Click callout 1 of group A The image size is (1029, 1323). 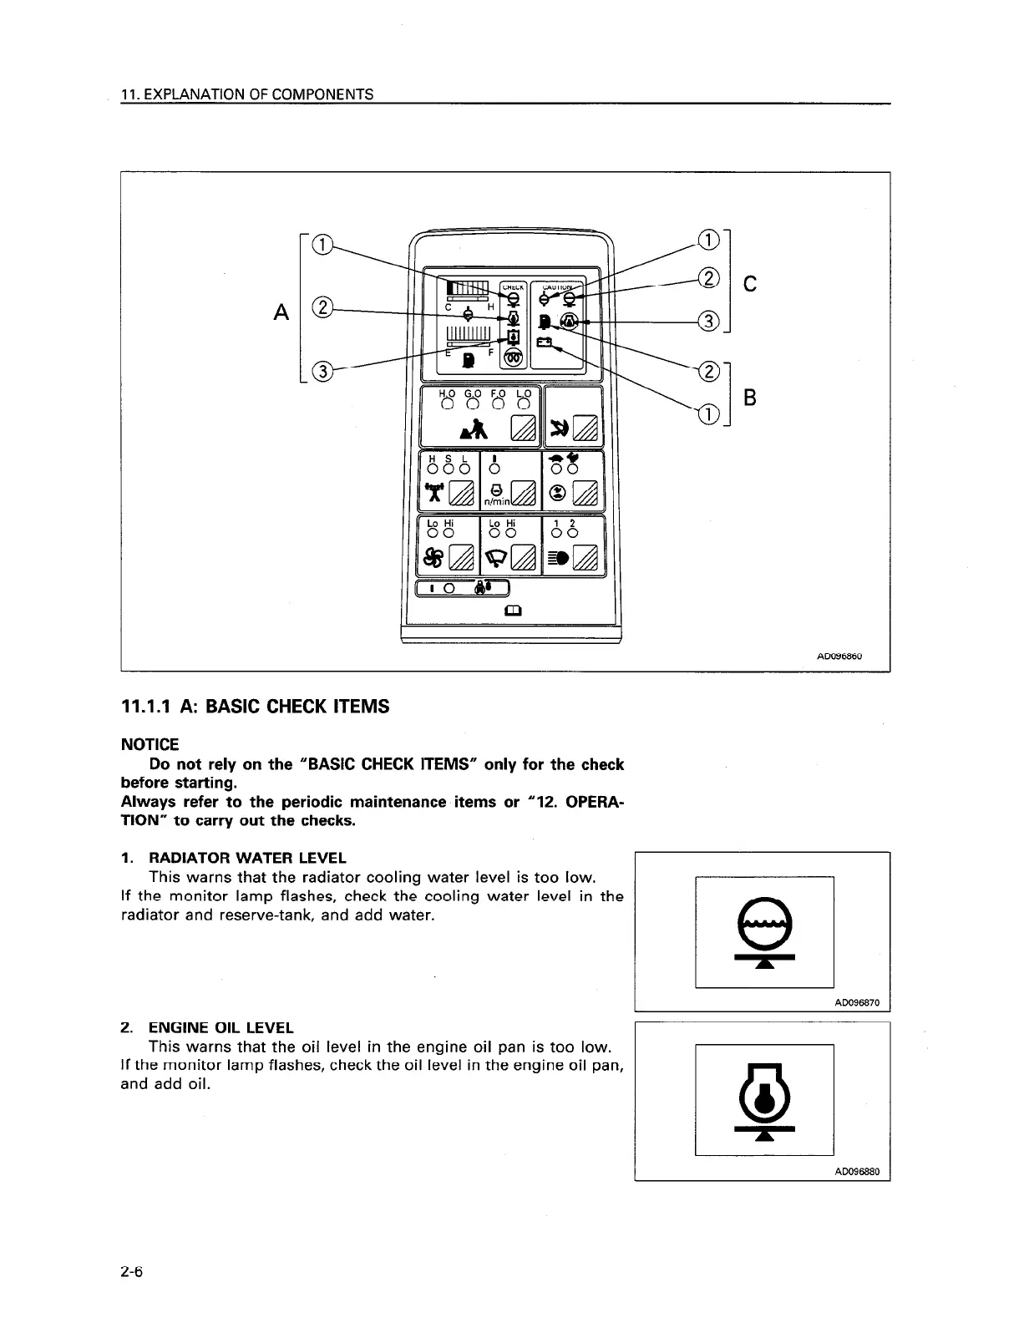[x=321, y=244]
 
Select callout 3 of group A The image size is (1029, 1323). [x=321, y=371]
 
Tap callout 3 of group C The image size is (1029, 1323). [x=708, y=322]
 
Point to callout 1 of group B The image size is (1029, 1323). [x=708, y=412]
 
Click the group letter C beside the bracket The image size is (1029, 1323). [x=749, y=285]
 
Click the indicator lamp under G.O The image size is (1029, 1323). [x=473, y=405]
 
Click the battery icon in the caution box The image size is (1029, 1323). [x=544, y=342]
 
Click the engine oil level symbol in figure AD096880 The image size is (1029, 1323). [x=763, y=1100]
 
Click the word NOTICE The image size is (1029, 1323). [x=150, y=744]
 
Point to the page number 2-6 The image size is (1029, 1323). [x=132, y=1273]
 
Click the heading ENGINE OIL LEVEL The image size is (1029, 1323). [x=220, y=1027]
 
